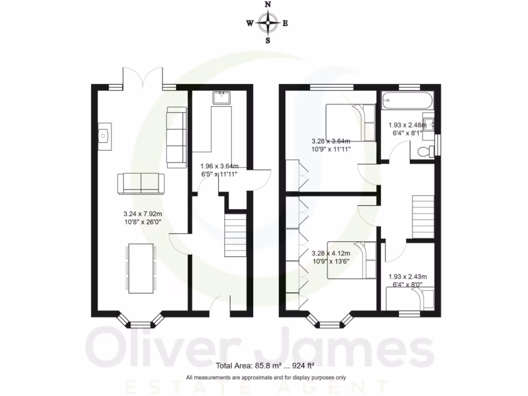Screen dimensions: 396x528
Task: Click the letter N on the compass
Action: tap(268, 5)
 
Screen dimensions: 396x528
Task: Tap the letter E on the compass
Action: tap(285, 23)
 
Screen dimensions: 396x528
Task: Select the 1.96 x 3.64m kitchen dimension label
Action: tap(220, 170)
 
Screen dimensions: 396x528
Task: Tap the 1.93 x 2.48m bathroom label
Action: tap(405, 128)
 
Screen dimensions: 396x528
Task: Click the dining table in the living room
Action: tap(140, 269)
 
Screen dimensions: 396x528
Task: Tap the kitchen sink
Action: tap(222, 97)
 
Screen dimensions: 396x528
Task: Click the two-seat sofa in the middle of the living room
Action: tap(141, 184)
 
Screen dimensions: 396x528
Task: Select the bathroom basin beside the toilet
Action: tap(428, 124)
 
